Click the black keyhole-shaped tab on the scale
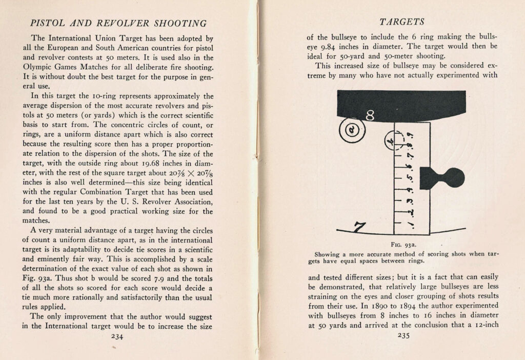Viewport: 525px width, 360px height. (x=442, y=178)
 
